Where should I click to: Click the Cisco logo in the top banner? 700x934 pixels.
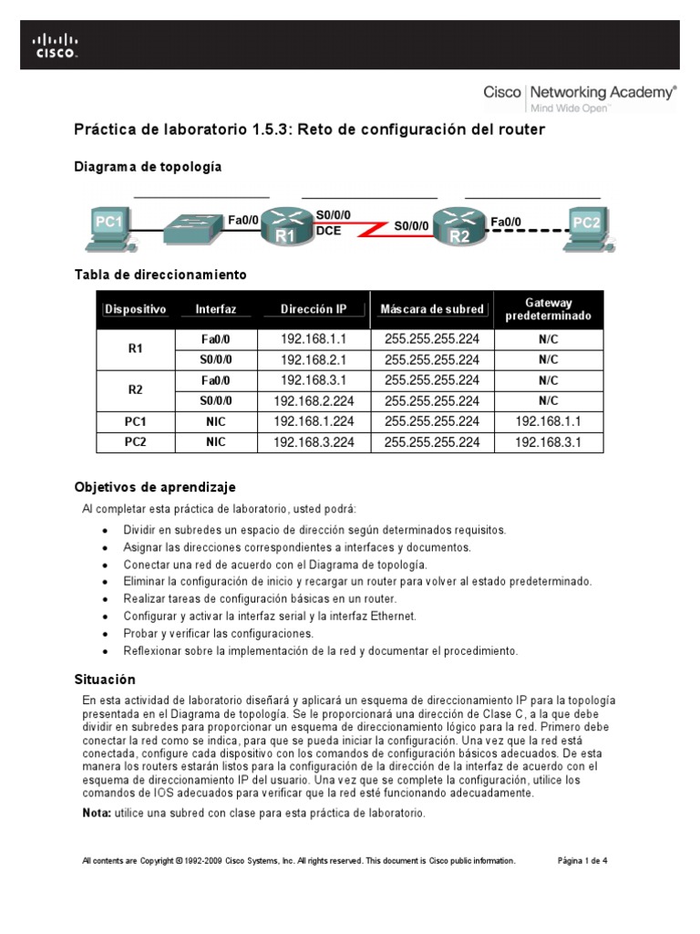(x=57, y=45)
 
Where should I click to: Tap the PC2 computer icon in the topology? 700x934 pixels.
(x=586, y=229)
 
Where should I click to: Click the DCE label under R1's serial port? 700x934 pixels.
(x=328, y=232)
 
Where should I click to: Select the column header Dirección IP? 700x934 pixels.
(x=314, y=309)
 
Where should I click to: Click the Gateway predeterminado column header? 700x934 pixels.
(x=548, y=309)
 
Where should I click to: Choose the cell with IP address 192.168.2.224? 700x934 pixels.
(x=314, y=400)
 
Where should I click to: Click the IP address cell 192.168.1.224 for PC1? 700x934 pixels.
(x=314, y=421)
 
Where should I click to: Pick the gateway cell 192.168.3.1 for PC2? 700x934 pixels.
(x=548, y=442)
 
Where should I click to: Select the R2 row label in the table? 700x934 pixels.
(x=136, y=389)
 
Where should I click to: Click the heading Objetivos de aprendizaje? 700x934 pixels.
(x=154, y=487)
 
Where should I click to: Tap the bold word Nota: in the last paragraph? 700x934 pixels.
(x=97, y=813)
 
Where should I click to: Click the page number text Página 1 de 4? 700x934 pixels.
(x=582, y=860)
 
